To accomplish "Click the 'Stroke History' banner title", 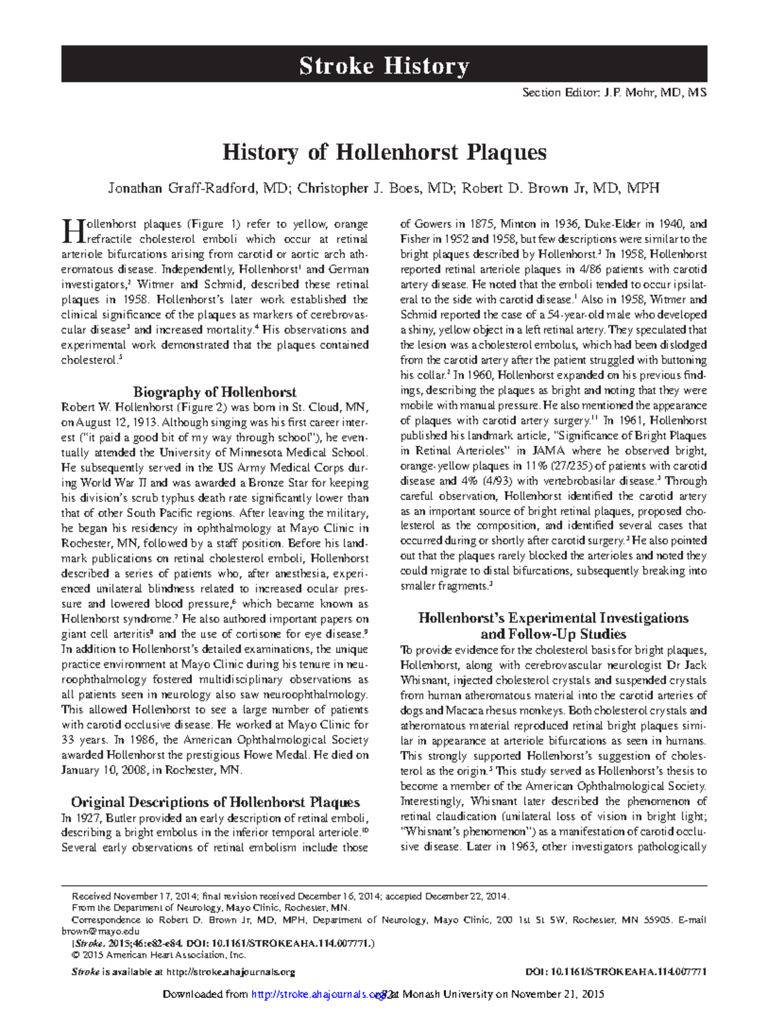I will pos(384,66).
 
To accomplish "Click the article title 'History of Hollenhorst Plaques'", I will pos(384,152).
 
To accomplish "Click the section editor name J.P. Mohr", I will pos(628,93).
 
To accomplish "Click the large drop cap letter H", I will pos(69,231).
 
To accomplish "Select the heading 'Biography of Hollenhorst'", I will pos(214,392).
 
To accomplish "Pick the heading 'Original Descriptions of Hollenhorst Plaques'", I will pos(215,802).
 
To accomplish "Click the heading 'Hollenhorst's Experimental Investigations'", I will pos(553,618).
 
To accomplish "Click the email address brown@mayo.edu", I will pos(100,931).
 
